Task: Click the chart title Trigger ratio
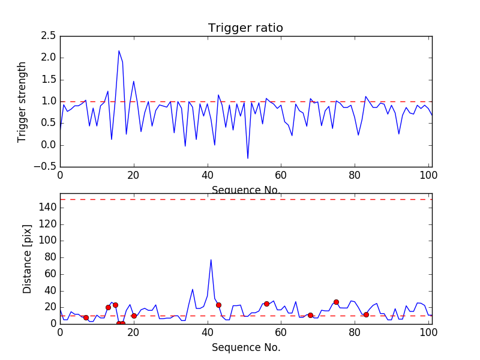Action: pyautogui.click(x=245, y=28)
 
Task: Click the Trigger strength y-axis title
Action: pyautogui.click(x=22, y=101)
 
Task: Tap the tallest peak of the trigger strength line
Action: pyautogui.click(x=119, y=50)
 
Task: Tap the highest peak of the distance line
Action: pyautogui.click(x=211, y=259)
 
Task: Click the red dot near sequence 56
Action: pyautogui.click(x=266, y=304)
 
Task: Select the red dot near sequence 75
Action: pyautogui.click(x=336, y=302)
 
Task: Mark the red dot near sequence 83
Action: pyautogui.click(x=366, y=314)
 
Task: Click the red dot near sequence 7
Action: pyautogui.click(x=86, y=317)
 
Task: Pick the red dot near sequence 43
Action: pyautogui.click(x=218, y=305)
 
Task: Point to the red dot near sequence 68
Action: pyautogui.click(x=310, y=315)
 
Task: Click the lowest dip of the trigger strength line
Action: pyautogui.click(x=248, y=158)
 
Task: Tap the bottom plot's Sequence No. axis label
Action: pyautogui.click(x=245, y=347)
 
